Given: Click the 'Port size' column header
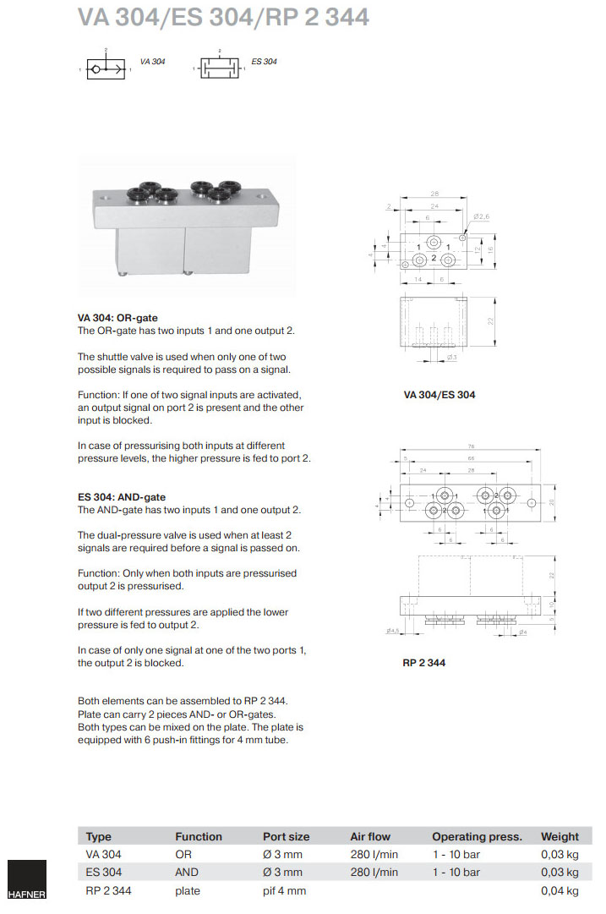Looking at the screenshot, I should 286,836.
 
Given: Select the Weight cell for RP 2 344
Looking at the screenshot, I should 560,890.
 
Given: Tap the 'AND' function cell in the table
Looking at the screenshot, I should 187,872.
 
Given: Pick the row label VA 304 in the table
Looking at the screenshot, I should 103,854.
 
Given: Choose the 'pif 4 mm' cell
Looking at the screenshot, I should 284,890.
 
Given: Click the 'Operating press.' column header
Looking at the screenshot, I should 477,836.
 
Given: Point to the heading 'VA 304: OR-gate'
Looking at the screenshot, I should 117,318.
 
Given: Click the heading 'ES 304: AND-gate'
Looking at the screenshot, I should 122,497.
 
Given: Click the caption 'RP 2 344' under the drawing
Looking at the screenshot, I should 423,663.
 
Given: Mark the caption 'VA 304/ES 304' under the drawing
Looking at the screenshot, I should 439,395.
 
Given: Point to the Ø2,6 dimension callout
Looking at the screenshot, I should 483,218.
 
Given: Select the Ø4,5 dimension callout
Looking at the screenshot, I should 392,631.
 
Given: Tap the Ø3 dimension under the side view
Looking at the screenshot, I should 452,358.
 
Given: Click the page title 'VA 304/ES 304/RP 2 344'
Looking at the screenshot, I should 223,17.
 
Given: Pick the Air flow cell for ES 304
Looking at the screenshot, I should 374,872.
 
